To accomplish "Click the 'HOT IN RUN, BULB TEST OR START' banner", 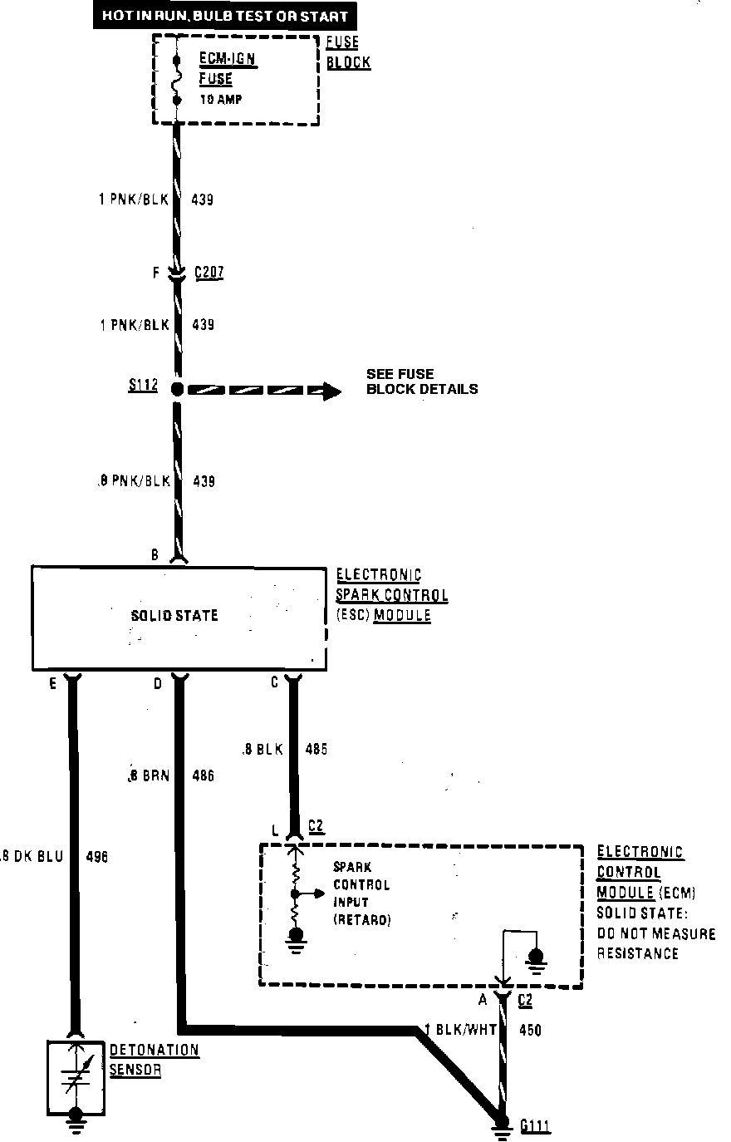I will point(224,16).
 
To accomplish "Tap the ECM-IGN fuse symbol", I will point(177,80).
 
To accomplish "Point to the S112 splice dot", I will point(176,388).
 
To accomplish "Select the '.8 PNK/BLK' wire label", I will point(134,481).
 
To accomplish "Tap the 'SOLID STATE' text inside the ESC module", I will point(174,616).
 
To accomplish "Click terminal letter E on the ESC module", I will point(53,684).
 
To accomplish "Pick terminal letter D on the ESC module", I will point(158,684).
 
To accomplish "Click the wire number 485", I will point(316,749).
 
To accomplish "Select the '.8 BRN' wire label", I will point(149,776).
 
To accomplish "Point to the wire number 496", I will point(96,856).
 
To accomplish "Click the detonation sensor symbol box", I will point(76,1076).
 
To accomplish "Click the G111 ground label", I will point(536,1127).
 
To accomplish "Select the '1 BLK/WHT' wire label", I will point(460,1030).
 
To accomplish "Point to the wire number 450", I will point(529,1031).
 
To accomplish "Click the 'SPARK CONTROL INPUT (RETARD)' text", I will point(361,893).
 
